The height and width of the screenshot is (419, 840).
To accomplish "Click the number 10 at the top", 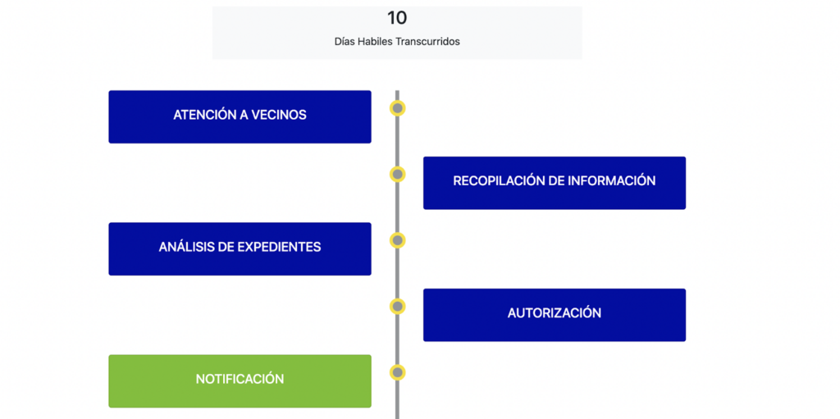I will point(397,17).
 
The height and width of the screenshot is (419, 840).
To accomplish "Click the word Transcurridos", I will point(427,42).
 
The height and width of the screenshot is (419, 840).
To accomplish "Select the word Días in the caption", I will point(345,42).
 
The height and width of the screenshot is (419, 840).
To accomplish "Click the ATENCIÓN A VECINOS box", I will point(240,116).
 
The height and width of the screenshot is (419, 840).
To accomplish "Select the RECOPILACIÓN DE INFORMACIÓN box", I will point(554,183).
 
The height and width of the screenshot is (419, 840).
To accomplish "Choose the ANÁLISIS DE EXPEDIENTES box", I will point(240,248).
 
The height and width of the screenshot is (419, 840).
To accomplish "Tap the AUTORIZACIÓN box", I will point(554,315).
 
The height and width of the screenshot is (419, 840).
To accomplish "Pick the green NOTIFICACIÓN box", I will point(240,380).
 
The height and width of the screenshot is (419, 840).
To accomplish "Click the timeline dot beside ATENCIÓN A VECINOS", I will point(398,108).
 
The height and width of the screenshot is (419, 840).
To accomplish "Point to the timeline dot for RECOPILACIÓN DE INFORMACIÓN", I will point(398,174).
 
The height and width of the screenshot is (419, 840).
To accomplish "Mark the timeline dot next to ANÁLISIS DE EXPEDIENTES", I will point(398,240).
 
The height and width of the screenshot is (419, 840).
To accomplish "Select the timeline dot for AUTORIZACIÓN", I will point(398,307).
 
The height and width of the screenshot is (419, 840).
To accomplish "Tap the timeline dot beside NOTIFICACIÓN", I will point(398,372).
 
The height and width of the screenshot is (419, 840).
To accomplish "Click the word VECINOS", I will point(279,115).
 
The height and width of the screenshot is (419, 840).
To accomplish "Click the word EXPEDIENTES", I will point(279,247).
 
